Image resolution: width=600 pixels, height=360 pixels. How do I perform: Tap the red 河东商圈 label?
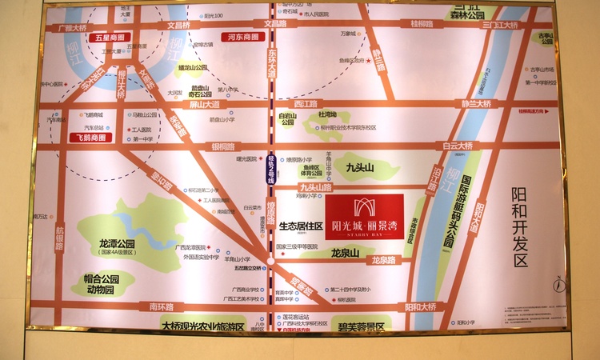239,37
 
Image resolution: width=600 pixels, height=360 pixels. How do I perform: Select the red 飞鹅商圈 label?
87,138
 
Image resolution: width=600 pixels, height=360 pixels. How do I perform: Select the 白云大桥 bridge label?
458,146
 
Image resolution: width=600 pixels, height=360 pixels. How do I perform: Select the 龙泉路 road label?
383,260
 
